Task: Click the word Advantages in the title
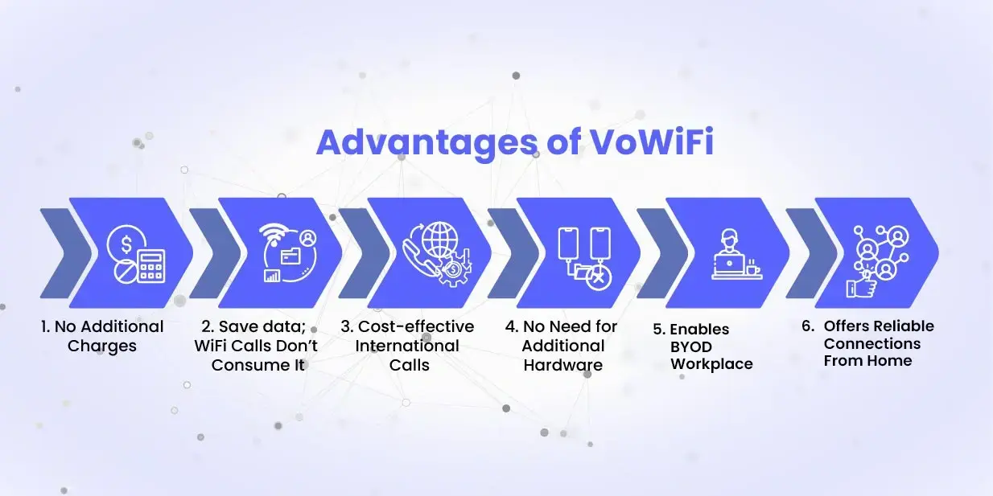click(x=423, y=141)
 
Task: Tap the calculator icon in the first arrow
click(x=150, y=266)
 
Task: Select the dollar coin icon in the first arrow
click(x=127, y=240)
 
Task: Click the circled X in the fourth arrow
click(x=596, y=277)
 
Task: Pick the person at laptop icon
click(x=729, y=253)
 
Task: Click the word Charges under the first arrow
click(x=102, y=346)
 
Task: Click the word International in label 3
click(x=407, y=346)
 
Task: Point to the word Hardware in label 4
click(x=562, y=365)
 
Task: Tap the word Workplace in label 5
click(x=712, y=364)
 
